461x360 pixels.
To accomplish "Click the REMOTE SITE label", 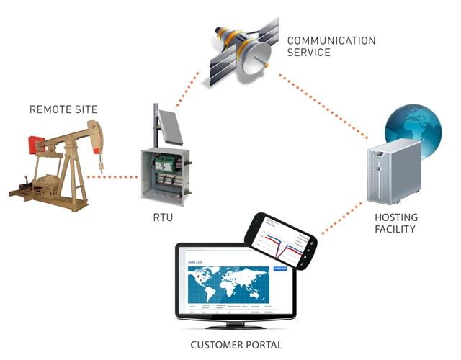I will click(x=63, y=109).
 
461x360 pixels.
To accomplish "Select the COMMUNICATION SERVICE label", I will click(x=331, y=46).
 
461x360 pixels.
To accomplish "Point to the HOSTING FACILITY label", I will click(x=397, y=223).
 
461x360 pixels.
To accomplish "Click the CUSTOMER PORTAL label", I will click(x=236, y=345).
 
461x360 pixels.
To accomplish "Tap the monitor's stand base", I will click(x=236, y=328).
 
